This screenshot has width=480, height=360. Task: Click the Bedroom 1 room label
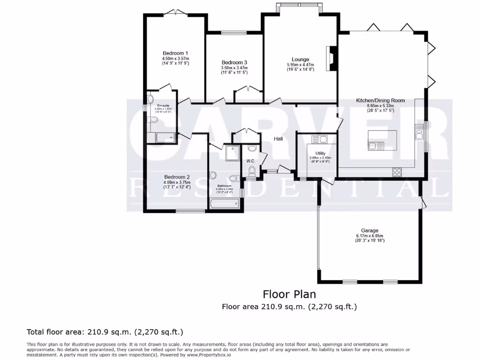[175, 53]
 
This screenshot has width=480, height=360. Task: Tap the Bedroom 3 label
[234, 62]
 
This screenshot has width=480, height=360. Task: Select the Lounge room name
[300, 60]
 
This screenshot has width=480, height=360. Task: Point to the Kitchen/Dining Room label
[380, 100]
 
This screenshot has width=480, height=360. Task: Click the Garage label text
[370, 230]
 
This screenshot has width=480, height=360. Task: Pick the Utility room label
[320, 153]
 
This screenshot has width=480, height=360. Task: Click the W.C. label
[250, 161]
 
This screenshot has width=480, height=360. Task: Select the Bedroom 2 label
[176, 177]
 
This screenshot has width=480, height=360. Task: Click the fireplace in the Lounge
[332, 58]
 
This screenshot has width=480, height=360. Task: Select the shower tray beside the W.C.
[232, 152]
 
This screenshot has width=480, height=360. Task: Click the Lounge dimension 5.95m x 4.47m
[300, 65]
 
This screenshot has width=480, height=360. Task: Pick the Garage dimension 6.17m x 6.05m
[370, 235]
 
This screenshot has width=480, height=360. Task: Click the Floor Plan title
[289, 294]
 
